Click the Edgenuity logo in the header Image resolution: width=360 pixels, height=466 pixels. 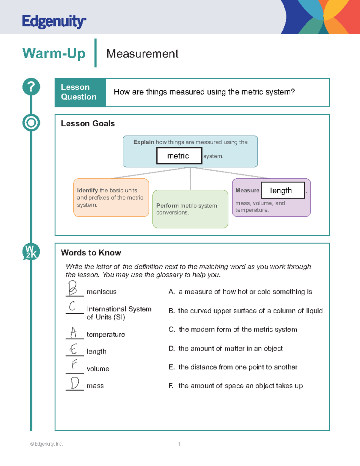(x=54, y=22)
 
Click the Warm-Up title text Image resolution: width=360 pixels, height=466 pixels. (x=54, y=53)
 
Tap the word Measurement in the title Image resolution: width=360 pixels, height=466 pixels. (x=142, y=54)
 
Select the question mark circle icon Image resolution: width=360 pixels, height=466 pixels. (x=31, y=87)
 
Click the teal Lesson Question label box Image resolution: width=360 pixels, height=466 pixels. (x=80, y=92)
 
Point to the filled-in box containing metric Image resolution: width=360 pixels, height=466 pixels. (x=179, y=156)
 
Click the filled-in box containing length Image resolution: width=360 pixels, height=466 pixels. (x=283, y=190)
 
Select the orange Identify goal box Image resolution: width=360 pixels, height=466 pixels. (x=111, y=197)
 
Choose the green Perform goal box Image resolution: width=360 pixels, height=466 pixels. (x=190, y=209)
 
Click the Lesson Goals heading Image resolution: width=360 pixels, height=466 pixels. (x=88, y=124)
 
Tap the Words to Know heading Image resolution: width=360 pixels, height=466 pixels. (x=91, y=253)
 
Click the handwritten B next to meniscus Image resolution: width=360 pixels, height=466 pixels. (x=73, y=288)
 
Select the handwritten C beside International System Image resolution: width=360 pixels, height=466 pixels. (x=72, y=306)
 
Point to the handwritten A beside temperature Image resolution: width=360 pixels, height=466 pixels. (x=73, y=332)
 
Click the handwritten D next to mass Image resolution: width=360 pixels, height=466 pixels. (x=74, y=383)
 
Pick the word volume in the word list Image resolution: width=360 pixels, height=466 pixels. (x=98, y=369)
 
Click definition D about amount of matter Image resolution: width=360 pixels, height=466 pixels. (x=226, y=348)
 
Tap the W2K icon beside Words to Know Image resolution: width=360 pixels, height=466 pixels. (x=31, y=251)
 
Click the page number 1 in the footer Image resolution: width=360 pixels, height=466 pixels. (x=179, y=444)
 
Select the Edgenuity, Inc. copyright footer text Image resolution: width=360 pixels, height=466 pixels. (x=46, y=444)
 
